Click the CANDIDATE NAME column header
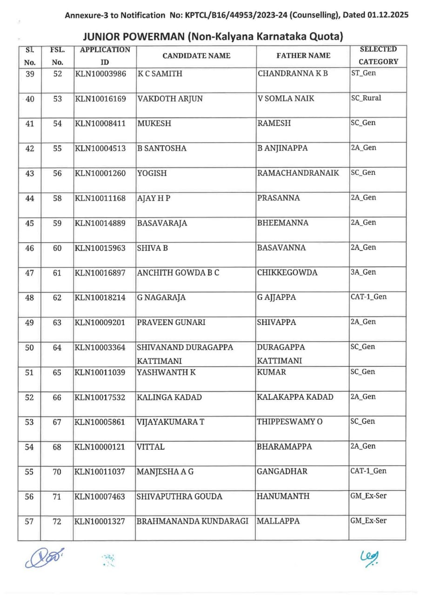coord(196,56)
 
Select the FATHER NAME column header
coord(303,56)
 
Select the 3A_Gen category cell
coord(363,272)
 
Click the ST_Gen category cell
coord(363,73)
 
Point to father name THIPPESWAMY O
coord(289,422)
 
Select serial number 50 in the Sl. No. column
coord(29,347)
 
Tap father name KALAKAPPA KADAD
coord(295,397)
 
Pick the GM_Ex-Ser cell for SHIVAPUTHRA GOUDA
coord(368,496)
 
